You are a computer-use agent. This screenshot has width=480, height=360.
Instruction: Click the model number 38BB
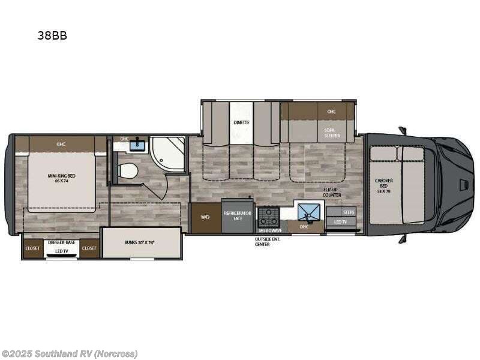(52, 35)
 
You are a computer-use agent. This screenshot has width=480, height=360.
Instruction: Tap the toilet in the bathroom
(127, 171)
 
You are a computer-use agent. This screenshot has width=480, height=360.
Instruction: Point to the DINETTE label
(241, 122)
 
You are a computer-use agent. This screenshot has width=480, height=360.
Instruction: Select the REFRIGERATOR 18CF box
(238, 216)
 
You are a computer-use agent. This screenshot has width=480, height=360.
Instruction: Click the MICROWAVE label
(270, 230)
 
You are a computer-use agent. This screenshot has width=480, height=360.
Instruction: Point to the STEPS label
(348, 212)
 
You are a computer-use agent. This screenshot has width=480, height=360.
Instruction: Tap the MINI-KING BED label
(62, 178)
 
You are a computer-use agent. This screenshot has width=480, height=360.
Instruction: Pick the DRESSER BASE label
(62, 242)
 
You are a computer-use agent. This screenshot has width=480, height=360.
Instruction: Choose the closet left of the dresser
(32, 248)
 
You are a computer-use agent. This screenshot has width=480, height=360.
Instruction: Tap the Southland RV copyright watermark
(70, 353)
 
